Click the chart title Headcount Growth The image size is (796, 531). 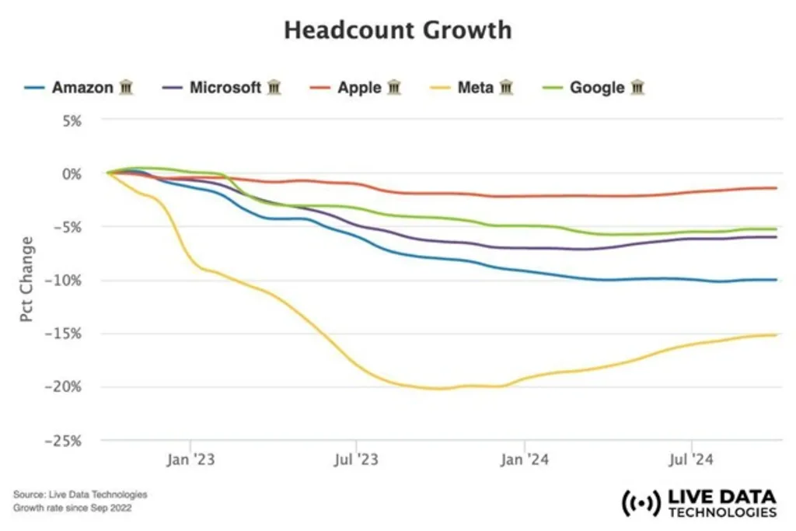[397, 30]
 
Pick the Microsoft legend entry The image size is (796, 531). [225, 87]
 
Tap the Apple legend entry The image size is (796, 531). [359, 87]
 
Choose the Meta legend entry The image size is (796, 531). [475, 87]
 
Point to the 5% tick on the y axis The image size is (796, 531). [71, 121]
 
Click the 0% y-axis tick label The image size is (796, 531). [71, 173]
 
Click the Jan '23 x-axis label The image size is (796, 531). [190, 460]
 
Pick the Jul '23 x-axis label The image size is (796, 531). [357, 460]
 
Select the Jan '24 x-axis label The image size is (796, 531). [525, 460]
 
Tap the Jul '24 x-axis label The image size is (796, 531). [692, 460]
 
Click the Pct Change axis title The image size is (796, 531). [26, 280]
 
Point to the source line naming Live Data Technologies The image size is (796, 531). [80, 494]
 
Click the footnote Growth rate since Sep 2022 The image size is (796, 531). [72, 508]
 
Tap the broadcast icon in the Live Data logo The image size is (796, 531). [640, 503]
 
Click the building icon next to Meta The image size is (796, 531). [507, 87]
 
